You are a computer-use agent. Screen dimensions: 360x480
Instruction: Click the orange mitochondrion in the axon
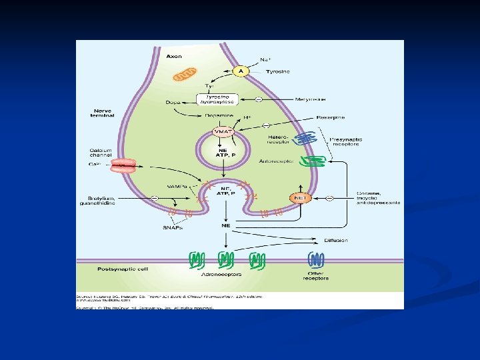pos(185,75)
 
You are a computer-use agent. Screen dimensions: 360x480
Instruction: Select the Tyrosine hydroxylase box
pos(217,99)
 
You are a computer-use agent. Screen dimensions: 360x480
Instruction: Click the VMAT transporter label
pos(222,132)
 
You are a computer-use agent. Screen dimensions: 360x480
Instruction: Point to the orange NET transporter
pos(300,198)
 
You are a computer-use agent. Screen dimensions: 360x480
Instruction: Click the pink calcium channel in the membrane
pos(123,165)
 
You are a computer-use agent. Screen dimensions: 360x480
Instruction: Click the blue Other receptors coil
pos(315,260)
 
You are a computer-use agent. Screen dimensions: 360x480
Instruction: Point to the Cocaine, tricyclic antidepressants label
pos(377,198)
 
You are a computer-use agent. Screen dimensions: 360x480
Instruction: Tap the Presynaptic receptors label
pos(346,141)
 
